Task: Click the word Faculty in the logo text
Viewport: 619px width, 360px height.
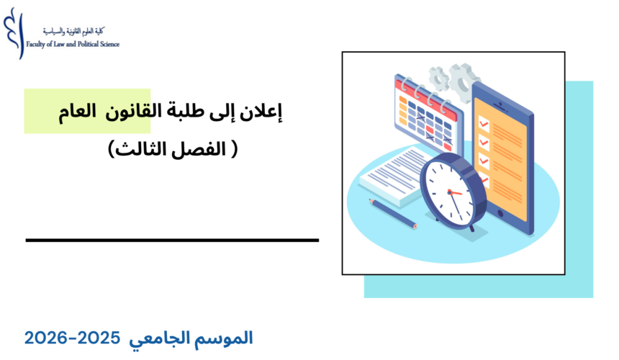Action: point(37,44)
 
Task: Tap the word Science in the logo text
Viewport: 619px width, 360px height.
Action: point(108,44)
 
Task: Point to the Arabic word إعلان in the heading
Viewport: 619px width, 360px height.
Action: point(267,112)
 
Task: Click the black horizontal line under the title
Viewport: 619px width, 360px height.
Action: point(172,240)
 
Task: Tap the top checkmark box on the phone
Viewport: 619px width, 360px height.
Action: point(484,124)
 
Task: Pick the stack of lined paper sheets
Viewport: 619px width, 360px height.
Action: point(392,173)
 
